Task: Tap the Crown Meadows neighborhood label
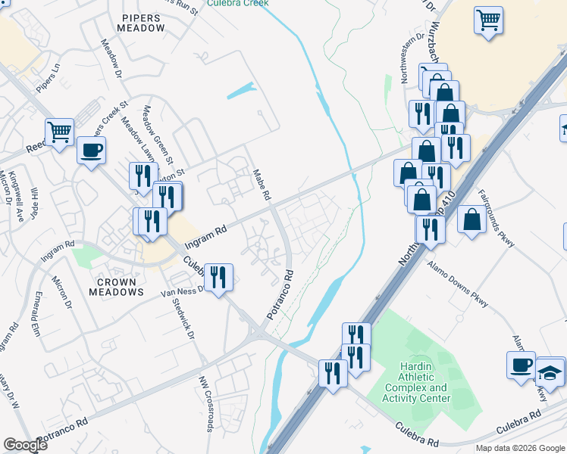click(x=117, y=287)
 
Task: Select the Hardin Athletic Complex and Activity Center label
click(x=415, y=382)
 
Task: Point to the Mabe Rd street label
click(x=262, y=184)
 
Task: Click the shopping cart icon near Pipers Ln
click(x=60, y=132)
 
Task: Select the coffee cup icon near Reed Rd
click(x=92, y=149)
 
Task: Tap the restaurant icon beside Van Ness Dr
click(x=218, y=277)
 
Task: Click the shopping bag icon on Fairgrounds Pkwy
click(x=472, y=219)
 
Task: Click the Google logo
click(x=26, y=446)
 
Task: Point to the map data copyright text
click(x=520, y=448)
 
